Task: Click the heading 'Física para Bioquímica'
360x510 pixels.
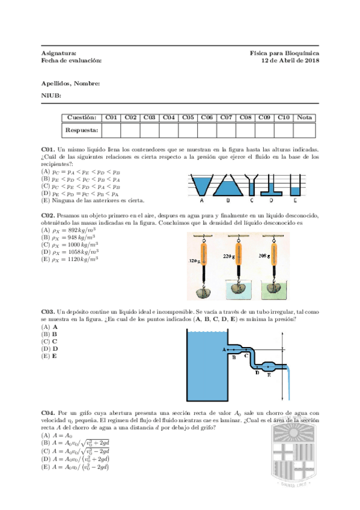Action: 284,53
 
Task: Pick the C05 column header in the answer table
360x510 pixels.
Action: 188,117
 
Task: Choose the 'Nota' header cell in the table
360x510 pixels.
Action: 304,117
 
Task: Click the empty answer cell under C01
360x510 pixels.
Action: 111,130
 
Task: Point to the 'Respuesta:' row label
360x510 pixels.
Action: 82,130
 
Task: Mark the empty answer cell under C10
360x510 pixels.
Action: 284,130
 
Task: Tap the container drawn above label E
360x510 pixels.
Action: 294,183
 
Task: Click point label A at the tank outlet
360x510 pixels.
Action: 224,349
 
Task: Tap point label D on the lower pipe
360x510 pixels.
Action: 257,373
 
